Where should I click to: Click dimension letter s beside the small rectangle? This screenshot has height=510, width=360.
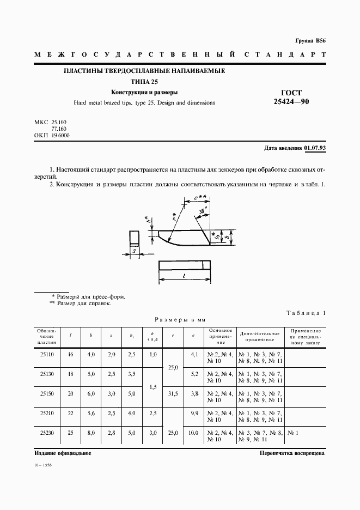click(x=134, y=251)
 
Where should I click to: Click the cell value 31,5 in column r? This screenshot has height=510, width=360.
click(x=174, y=393)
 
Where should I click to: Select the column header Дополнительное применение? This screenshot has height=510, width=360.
click(x=260, y=336)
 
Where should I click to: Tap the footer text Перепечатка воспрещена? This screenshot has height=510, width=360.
click(x=292, y=453)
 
